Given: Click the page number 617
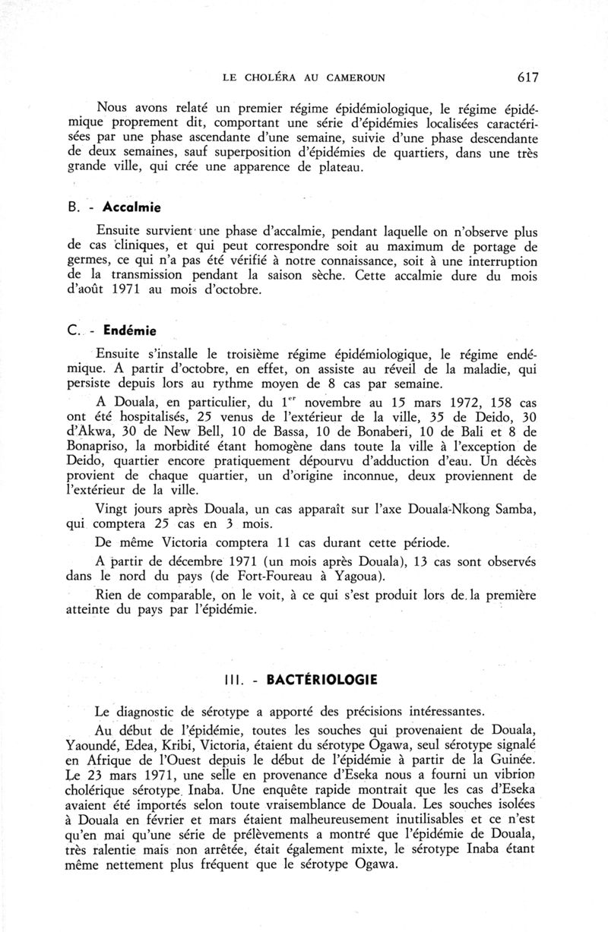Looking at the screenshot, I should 526,76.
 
